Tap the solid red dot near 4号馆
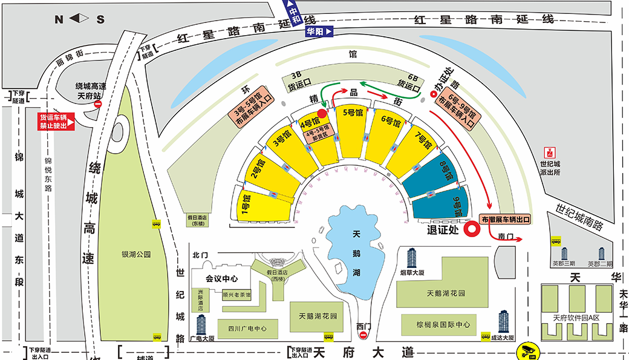coord(322,113)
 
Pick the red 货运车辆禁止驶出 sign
coord(56,120)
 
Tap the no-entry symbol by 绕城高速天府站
coord(98,104)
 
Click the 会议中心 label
coord(219,279)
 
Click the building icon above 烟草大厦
coord(412,258)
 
